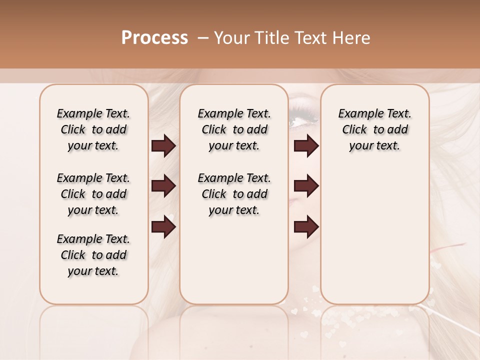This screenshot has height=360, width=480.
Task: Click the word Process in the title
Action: pyautogui.click(x=154, y=38)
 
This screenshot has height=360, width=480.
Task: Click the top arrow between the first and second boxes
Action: pyautogui.click(x=163, y=146)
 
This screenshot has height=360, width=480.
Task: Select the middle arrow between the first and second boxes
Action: pyautogui.click(x=163, y=186)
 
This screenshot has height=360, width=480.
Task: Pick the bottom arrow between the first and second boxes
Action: pyautogui.click(x=163, y=226)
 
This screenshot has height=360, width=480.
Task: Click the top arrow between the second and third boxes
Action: pyautogui.click(x=306, y=146)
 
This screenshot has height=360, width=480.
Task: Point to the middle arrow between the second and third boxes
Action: pyautogui.click(x=306, y=186)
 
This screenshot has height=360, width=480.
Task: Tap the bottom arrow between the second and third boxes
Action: pyautogui.click(x=306, y=226)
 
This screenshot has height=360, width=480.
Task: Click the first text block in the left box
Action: pyautogui.click(x=93, y=129)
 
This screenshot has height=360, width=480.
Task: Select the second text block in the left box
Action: pyautogui.click(x=93, y=194)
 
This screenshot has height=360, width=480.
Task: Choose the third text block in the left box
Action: pyautogui.click(x=93, y=255)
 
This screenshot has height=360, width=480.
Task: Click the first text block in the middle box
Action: pyautogui.click(x=234, y=129)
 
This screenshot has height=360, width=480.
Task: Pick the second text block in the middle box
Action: pyautogui.click(x=234, y=194)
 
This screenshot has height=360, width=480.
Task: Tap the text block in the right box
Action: pyautogui.click(x=374, y=129)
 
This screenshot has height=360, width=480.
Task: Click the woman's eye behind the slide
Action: pyautogui.click(x=304, y=117)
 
